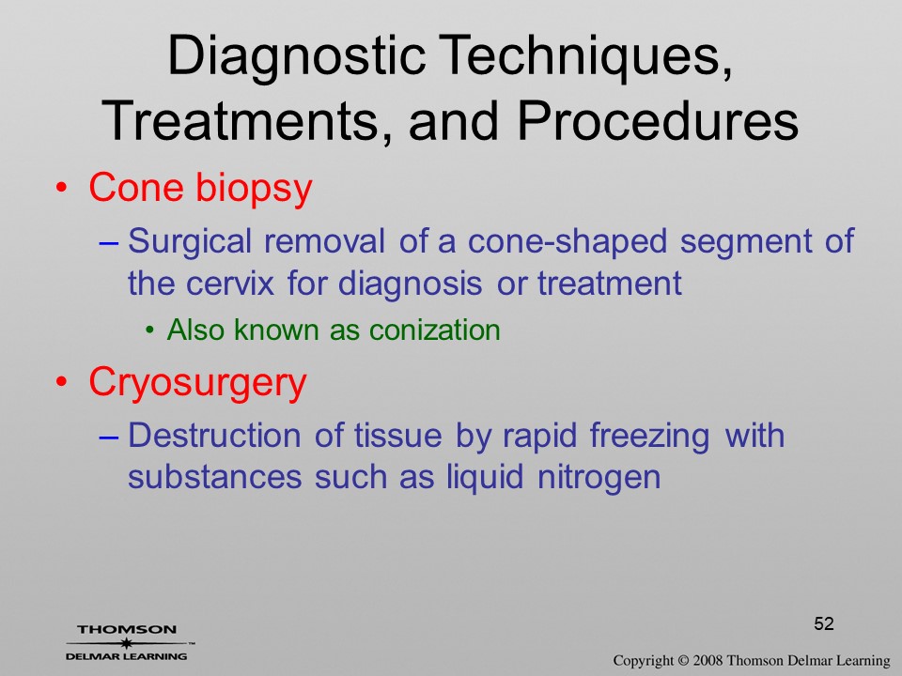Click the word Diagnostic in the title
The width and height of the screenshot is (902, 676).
pos(296,56)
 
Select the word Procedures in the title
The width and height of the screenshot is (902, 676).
pos(659,121)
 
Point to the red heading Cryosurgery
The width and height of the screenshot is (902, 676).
pos(198,383)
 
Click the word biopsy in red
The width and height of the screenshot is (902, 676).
pos(255,190)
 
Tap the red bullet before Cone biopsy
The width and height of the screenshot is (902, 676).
pos(62,188)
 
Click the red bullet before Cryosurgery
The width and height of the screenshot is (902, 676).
pos(62,382)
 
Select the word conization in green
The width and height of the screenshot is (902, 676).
pos(435,330)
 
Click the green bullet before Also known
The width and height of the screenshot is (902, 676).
pos(150,330)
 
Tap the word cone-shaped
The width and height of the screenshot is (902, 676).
pos(568,242)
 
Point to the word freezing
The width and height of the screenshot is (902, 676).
pos(649,436)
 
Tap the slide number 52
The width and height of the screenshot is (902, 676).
pos(824,623)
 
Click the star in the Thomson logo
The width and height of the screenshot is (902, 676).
pos(127,643)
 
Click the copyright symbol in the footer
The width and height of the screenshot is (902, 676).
pos(683,661)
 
